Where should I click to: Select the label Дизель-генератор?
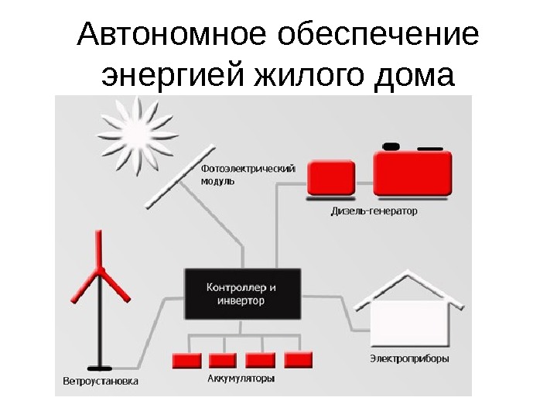373,211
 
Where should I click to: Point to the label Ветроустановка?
101,382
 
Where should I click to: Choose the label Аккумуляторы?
241,379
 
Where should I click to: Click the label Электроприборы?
409,358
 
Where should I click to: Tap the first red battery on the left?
185,361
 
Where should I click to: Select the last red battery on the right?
298,360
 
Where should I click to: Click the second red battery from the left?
223,361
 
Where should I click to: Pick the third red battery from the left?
260,361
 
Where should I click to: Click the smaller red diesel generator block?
332,178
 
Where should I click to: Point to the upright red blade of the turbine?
98,248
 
